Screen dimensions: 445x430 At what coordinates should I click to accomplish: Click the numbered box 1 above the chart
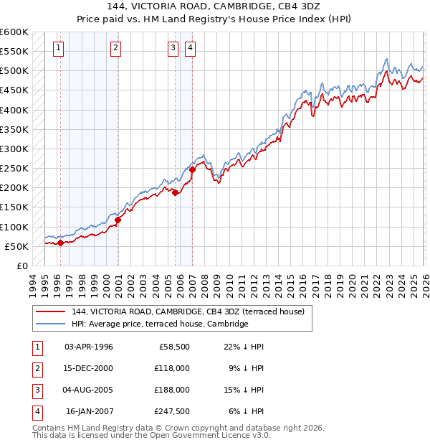coord(58,48)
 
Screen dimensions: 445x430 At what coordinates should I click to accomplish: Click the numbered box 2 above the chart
coord(115,48)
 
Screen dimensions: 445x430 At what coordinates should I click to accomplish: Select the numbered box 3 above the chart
coord(173,48)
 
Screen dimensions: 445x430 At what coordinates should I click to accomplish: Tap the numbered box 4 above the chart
coord(191,48)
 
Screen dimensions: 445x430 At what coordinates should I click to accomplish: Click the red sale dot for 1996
coord(60,243)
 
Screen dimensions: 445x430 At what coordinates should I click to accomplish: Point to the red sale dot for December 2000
coord(118,220)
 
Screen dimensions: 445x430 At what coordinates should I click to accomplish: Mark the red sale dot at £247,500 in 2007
coord(193,169)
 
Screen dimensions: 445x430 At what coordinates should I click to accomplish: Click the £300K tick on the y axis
coord(14,149)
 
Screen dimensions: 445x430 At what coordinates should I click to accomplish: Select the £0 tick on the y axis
coord(21,266)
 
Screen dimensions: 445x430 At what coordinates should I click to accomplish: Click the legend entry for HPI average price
coord(159,324)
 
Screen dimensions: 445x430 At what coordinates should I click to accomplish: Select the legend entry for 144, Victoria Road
coord(188,311)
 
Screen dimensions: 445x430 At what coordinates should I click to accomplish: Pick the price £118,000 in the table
coord(173,367)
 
